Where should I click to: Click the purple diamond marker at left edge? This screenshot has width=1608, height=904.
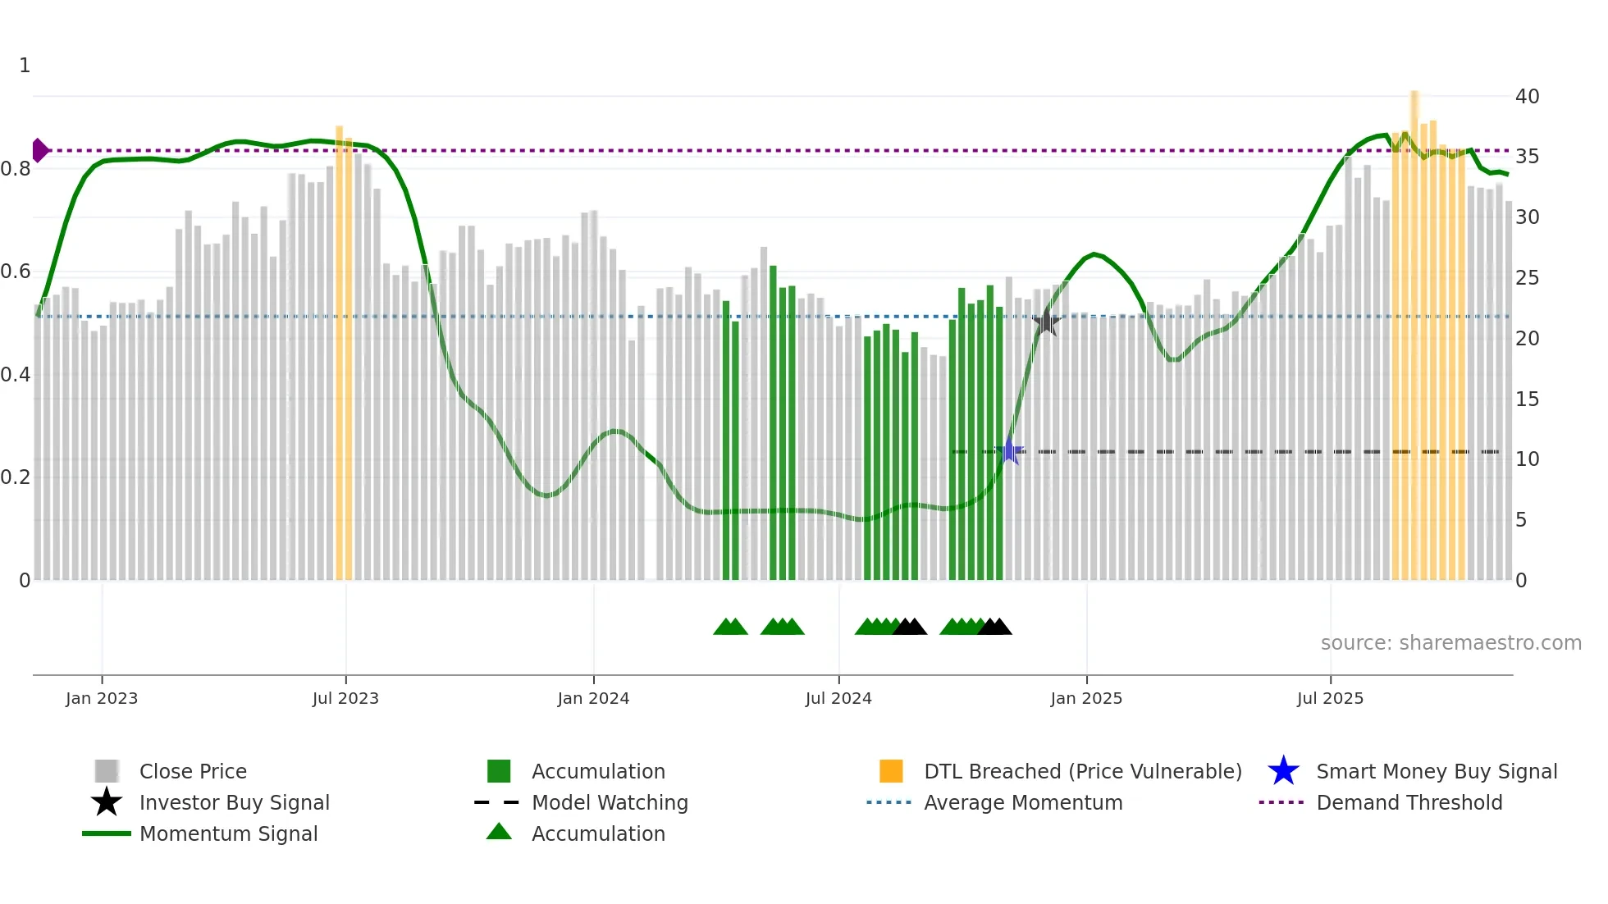point(39,150)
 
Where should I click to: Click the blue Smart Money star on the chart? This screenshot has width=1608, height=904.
point(1010,450)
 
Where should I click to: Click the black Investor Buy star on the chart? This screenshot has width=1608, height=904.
point(1046,322)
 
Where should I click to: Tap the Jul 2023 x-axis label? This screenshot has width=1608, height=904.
point(345,698)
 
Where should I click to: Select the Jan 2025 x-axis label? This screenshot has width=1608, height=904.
point(1086,698)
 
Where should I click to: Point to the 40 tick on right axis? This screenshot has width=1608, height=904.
point(1527,97)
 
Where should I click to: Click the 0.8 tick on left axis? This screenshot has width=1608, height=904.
point(16,169)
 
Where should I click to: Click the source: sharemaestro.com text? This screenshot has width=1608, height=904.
point(1450,643)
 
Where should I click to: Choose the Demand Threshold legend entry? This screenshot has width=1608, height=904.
point(1409,802)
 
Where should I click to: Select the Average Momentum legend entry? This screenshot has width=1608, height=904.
point(1022,802)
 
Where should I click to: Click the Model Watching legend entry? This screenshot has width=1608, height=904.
point(609,802)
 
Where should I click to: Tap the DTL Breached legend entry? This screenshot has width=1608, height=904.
point(1081,771)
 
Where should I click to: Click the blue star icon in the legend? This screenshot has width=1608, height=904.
point(1283,771)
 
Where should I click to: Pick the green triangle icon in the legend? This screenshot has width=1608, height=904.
point(499,832)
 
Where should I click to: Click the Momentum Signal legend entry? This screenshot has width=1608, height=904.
point(228,833)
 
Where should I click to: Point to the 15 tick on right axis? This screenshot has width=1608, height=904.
point(1527,399)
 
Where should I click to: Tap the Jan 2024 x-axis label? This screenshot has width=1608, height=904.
point(593,698)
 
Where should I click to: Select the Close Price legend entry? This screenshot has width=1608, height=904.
point(192,771)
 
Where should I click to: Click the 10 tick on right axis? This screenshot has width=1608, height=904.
point(1527,459)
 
